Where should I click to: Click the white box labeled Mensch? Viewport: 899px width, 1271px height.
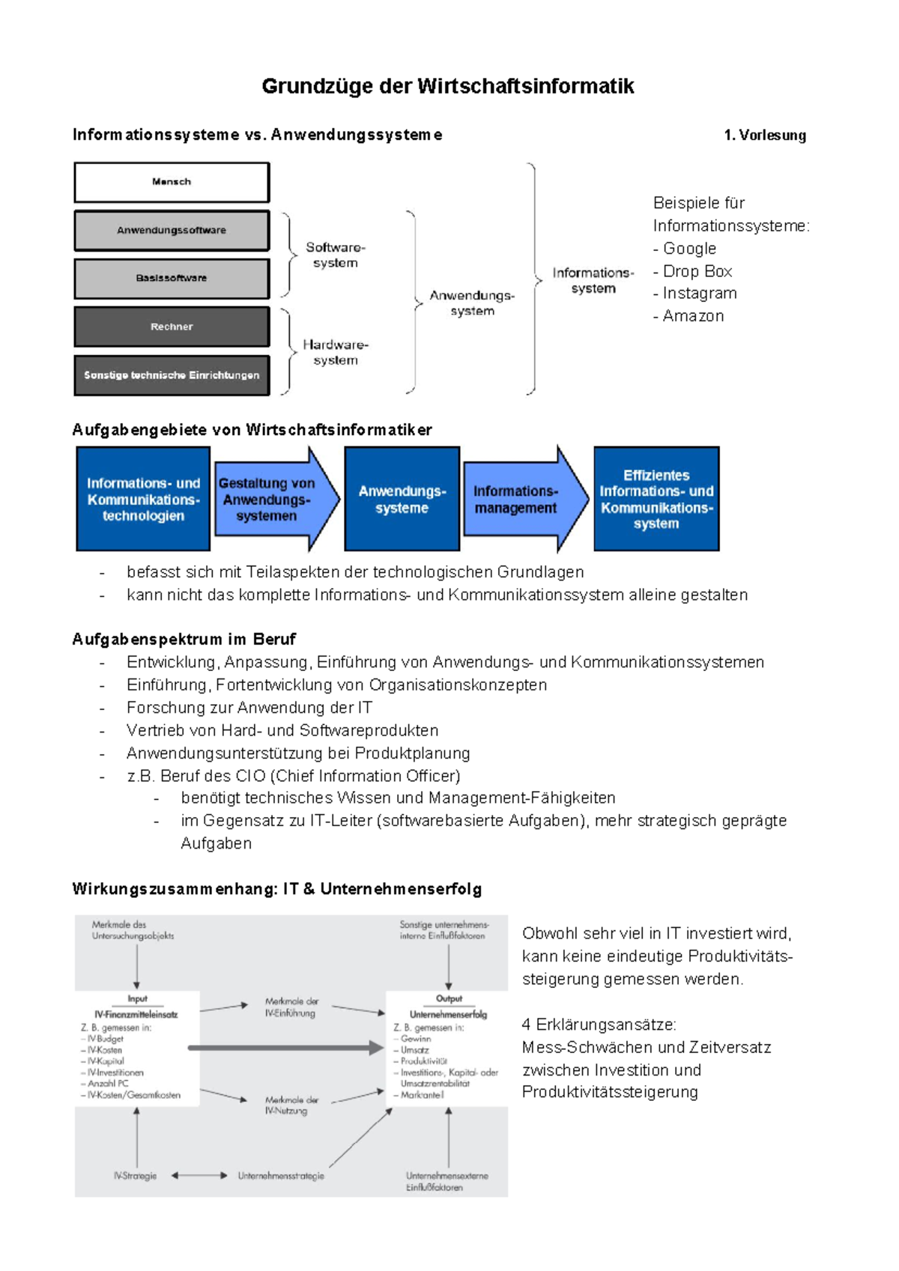pos(172,183)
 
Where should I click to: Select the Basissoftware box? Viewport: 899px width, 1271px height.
pos(172,279)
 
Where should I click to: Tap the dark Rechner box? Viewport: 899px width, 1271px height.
pos(172,327)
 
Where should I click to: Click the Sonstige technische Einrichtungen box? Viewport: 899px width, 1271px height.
pos(172,375)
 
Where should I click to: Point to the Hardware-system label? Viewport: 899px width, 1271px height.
pos(335,352)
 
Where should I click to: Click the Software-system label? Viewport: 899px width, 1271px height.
pos(335,255)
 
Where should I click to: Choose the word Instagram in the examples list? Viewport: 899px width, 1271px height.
pos(699,293)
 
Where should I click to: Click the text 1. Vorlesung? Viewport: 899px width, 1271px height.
pos(764,136)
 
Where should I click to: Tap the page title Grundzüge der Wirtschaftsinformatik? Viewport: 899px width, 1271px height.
pos(447,86)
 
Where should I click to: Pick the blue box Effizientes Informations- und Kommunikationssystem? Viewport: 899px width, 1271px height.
pos(656,499)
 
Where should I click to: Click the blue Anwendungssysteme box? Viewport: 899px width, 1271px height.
pos(402,499)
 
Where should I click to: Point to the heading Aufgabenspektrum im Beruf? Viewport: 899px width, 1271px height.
pos(184,639)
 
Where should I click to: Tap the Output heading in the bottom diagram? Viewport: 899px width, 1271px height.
pos(449,998)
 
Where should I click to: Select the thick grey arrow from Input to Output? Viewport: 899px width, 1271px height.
pos(285,1048)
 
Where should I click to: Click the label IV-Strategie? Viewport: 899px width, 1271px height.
pos(136,1176)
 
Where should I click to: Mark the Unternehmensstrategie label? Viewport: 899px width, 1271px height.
pos(281,1176)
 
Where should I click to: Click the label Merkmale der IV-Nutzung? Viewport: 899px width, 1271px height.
pos(291,1105)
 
